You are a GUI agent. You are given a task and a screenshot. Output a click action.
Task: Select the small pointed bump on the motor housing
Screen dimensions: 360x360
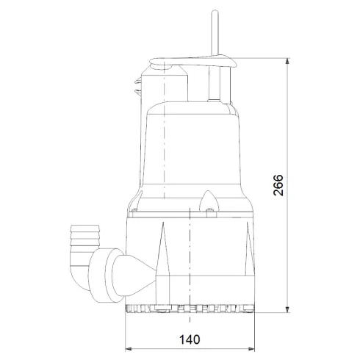click(x=208, y=200)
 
